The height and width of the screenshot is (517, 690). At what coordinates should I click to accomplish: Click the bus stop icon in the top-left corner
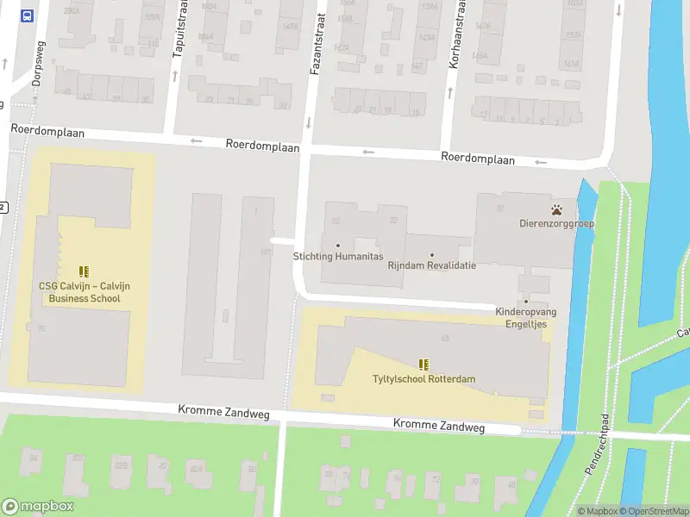pyautogui.click(x=28, y=16)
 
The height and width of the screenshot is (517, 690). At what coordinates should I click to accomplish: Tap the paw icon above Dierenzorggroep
pyautogui.click(x=558, y=209)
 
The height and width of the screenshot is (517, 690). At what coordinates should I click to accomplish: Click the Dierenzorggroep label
pyautogui.click(x=556, y=224)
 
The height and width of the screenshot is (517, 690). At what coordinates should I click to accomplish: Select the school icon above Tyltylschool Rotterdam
pyautogui.click(x=423, y=364)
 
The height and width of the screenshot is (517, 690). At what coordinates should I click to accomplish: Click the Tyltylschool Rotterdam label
pyautogui.click(x=423, y=379)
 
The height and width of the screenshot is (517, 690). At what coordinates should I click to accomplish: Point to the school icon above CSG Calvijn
pyautogui.click(x=85, y=272)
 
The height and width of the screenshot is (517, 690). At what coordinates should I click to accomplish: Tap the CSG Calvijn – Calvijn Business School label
pyautogui.click(x=85, y=293)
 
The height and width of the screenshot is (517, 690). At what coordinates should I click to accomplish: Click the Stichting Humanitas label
pyautogui.click(x=337, y=257)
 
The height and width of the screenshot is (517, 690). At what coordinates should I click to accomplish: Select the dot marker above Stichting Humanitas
pyautogui.click(x=337, y=246)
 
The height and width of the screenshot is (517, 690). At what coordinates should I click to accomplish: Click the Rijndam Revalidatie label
pyautogui.click(x=431, y=265)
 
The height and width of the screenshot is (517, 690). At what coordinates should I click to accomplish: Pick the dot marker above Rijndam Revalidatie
pyautogui.click(x=432, y=254)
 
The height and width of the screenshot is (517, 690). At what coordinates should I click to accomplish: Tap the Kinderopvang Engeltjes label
pyautogui.click(x=526, y=317)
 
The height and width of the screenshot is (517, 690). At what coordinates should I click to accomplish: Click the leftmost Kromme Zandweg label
pyautogui.click(x=223, y=414)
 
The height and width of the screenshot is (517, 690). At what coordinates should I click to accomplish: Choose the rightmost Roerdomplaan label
pyautogui.click(x=477, y=159)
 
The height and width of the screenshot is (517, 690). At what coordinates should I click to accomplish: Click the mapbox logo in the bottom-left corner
pyautogui.click(x=38, y=507)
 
